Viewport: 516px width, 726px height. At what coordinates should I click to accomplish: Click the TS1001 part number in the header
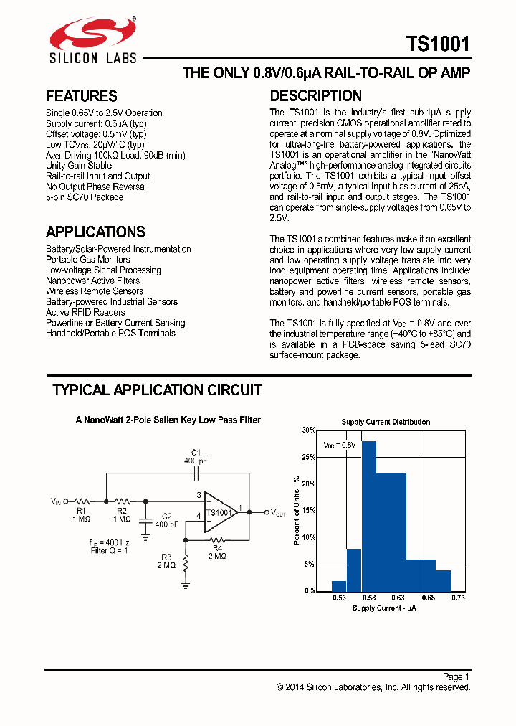(439, 44)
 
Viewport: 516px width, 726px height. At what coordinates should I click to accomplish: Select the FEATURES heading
(81, 96)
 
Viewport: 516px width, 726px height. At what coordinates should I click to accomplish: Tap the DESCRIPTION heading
(315, 96)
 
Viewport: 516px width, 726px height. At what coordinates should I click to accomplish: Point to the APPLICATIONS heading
(95, 232)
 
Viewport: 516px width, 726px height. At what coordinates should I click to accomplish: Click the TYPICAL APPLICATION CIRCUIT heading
(157, 390)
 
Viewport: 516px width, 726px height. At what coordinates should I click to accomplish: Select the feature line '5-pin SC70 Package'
(85, 197)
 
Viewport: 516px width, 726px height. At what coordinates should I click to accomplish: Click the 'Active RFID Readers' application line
(85, 312)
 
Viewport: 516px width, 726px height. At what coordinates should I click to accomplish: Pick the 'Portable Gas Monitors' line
(88, 260)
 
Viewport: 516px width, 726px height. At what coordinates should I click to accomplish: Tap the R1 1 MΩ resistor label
(81, 514)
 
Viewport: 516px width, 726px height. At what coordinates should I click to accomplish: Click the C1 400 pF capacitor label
(194, 456)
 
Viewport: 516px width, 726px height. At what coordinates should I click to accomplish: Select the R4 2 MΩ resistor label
(218, 552)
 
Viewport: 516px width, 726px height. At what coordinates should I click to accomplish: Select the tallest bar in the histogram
(369, 515)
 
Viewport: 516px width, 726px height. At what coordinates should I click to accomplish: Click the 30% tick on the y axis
(308, 430)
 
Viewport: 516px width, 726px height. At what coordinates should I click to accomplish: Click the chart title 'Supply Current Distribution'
(386, 422)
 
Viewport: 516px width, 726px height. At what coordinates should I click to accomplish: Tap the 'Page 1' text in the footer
(456, 676)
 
